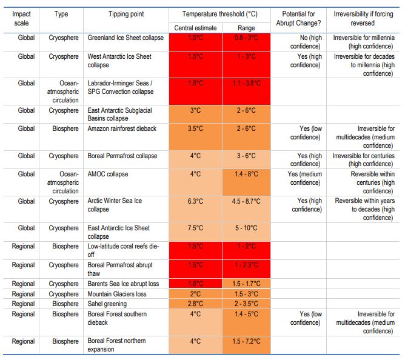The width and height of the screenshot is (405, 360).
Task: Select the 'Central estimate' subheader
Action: (195, 28)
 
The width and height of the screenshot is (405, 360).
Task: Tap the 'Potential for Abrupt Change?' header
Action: (302, 18)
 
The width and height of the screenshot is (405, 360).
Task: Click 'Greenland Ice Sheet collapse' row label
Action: (125, 38)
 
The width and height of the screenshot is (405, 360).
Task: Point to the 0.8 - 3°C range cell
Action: (246, 38)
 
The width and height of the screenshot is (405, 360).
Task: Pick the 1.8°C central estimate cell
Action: (195, 83)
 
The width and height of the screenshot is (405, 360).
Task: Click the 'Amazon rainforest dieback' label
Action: (121, 128)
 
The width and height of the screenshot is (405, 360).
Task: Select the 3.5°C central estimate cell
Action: (195, 128)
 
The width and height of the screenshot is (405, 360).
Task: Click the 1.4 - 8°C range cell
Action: (246, 174)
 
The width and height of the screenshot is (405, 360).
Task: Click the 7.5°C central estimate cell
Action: (195, 228)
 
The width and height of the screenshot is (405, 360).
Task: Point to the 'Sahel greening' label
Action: (107, 304)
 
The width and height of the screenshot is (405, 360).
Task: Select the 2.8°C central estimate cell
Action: (195, 304)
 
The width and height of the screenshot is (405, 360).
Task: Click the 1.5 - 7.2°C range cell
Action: (246, 341)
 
